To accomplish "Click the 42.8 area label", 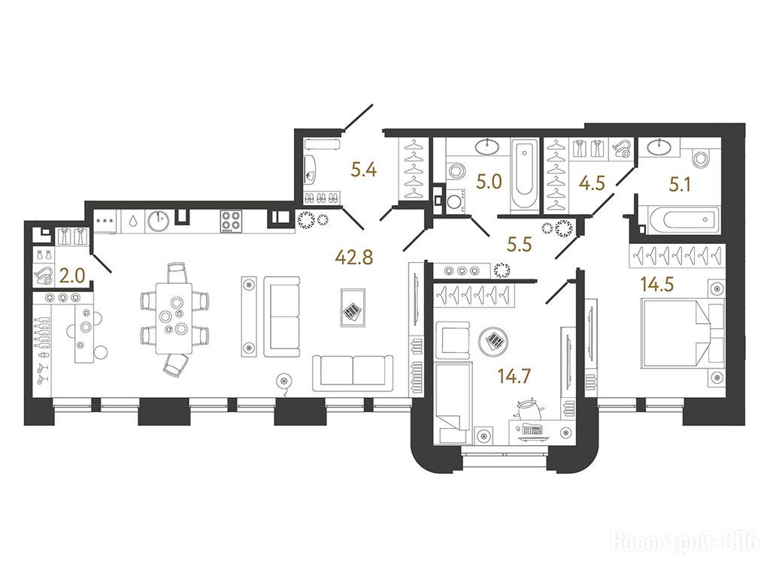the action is click(x=353, y=257).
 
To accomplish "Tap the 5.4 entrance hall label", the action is click(x=364, y=170).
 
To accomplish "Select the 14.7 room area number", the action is click(x=514, y=376).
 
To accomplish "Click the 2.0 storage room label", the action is click(x=71, y=277).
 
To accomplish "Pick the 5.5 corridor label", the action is click(x=520, y=244).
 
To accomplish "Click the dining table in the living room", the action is click(x=174, y=318).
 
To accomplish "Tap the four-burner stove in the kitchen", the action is click(x=229, y=221).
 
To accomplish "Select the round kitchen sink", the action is click(x=158, y=222).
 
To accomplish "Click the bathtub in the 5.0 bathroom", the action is click(x=525, y=176).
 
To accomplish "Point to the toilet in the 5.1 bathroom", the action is click(x=700, y=158).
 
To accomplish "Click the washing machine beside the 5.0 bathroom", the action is click(x=456, y=202).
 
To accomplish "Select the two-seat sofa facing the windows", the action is click(x=353, y=372).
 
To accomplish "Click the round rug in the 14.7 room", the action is click(x=493, y=340).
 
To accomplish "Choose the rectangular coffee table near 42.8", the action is click(x=353, y=308).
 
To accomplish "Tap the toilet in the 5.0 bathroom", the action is click(x=455, y=172).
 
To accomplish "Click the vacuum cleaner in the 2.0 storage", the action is click(x=43, y=275).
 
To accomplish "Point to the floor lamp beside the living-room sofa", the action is click(x=283, y=380).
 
